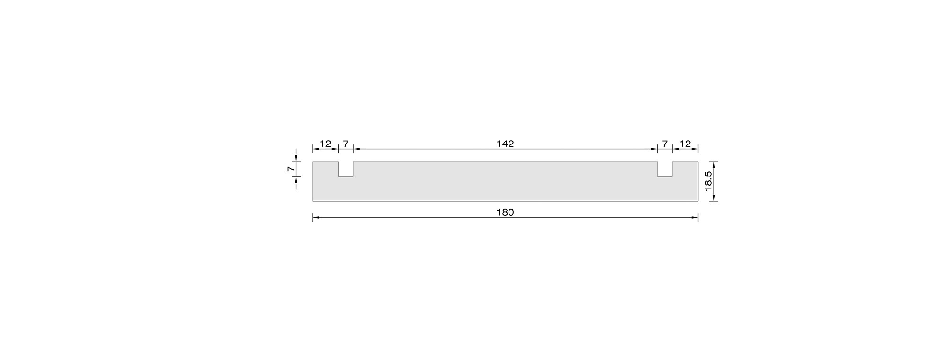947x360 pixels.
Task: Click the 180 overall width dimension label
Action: click(x=505, y=212)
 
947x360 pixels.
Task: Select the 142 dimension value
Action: click(x=505, y=144)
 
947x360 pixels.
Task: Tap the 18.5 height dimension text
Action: click(x=708, y=181)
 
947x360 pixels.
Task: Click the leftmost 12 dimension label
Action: click(x=325, y=144)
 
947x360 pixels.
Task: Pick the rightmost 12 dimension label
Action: click(x=685, y=144)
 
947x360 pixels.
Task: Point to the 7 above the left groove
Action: click(x=346, y=144)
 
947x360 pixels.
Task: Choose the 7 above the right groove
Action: click(x=665, y=144)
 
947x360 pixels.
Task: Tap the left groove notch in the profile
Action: click(x=346, y=169)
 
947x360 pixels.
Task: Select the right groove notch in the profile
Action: click(x=665, y=169)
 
